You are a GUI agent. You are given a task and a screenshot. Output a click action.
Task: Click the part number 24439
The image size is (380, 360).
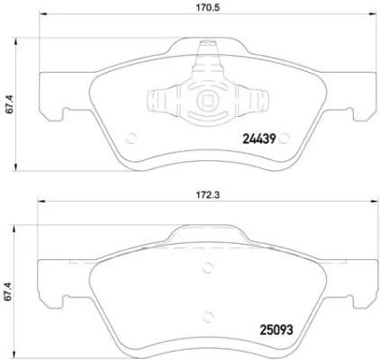coord(262,139)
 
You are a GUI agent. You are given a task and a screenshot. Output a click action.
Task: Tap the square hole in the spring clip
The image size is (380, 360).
coord(207,101)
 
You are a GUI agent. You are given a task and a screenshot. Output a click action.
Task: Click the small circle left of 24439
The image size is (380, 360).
coord(131,139)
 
